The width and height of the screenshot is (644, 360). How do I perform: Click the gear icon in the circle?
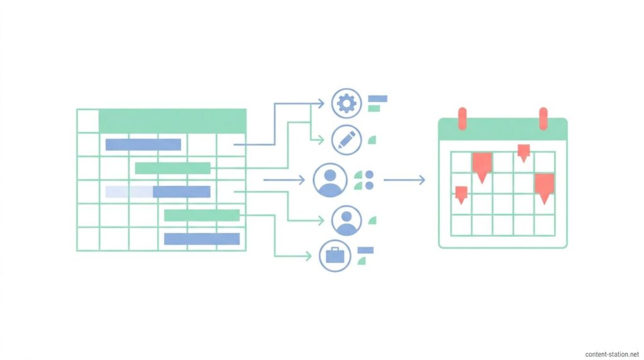[347, 103]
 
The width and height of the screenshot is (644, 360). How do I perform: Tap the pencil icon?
[347, 140]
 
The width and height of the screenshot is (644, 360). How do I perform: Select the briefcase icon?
[335, 256]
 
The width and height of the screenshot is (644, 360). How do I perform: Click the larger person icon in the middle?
[330, 180]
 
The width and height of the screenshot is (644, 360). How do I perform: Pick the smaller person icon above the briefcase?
[347, 221]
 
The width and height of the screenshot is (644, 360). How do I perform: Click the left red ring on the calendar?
[462, 119]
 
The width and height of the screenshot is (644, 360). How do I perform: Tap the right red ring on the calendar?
[543, 119]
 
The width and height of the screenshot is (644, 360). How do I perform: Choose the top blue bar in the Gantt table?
[143, 145]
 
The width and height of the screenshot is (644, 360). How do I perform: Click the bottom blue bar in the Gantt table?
[202, 239]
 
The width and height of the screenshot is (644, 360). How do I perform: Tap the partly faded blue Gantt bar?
[158, 192]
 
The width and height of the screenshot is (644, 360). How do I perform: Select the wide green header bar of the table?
[172, 121]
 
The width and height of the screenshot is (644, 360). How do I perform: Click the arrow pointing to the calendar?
[404, 179]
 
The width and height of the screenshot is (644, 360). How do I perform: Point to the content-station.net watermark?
[612, 354]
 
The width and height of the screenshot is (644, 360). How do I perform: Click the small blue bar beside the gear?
[377, 99]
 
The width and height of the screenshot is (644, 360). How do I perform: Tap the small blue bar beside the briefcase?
[365, 250]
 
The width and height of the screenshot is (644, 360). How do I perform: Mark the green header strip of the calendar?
[502, 129]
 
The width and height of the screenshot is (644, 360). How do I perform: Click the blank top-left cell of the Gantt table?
[88, 121]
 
